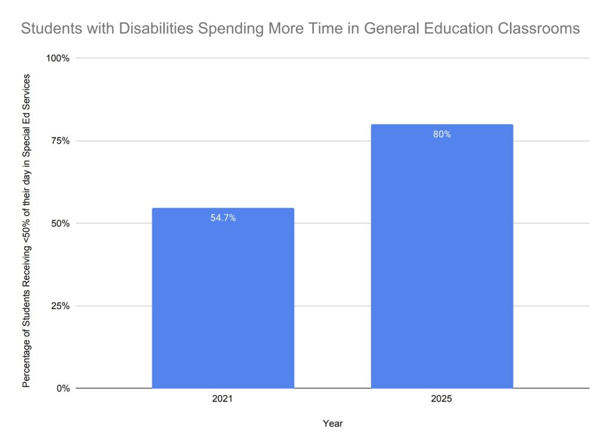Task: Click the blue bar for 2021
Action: click(223, 298)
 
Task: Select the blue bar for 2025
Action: click(441, 256)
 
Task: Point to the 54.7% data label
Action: click(223, 218)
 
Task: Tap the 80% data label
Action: click(442, 135)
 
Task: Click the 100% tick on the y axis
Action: click(58, 58)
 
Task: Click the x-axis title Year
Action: click(332, 423)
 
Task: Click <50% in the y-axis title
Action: click(27, 229)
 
